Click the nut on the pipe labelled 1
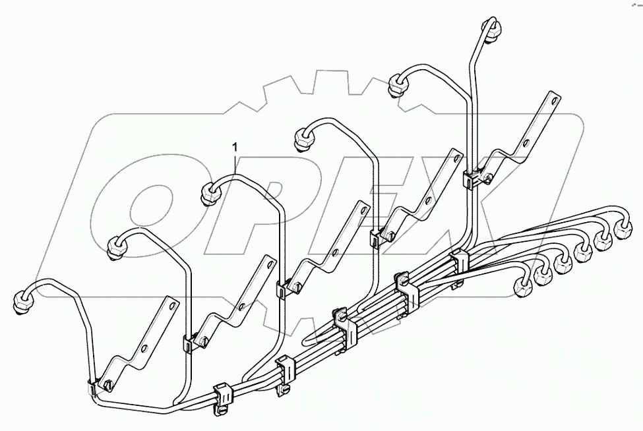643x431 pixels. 209,192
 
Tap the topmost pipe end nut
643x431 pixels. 490,30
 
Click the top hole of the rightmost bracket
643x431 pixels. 553,101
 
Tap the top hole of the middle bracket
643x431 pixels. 361,212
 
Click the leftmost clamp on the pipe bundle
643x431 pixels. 222,397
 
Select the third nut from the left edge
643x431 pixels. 209,192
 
